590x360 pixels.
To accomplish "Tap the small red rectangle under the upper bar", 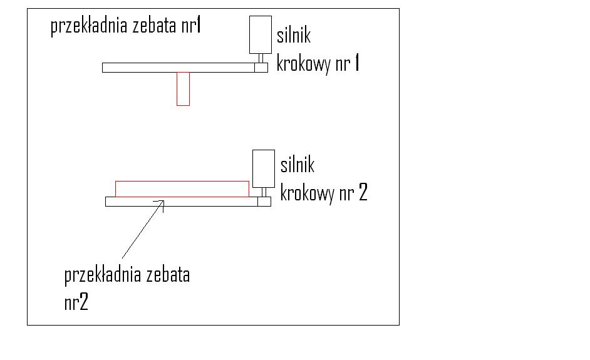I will [183, 88].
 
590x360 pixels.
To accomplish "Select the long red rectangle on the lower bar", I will [182, 188].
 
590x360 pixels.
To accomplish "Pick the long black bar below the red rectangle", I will [182, 202].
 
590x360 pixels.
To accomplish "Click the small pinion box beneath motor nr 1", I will [261, 68].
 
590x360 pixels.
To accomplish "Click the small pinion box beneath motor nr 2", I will [264, 202].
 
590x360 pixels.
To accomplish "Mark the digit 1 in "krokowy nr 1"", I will [356, 64].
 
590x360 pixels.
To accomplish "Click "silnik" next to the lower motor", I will [297, 165].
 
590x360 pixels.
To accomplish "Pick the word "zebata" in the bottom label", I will [167, 275].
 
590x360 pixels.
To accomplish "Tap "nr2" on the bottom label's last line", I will [76, 303].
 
